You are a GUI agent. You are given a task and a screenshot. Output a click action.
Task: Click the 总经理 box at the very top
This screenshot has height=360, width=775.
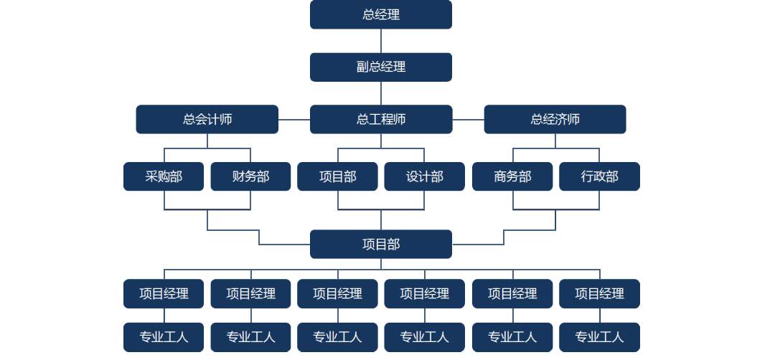tap(380, 14)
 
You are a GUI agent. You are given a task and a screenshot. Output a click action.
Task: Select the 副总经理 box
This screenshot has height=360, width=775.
tap(380, 67)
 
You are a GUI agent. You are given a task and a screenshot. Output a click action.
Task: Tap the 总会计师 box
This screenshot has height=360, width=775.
tap(207, 119)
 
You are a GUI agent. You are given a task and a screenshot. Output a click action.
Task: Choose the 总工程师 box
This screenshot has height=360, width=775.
tap(380, 119)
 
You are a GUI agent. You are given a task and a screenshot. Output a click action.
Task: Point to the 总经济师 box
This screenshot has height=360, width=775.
tap(555, 119)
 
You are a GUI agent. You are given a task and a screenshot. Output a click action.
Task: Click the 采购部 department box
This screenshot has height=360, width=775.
tap(164, 176)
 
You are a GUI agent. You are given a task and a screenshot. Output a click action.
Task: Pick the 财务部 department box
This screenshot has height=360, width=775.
tap(250, 176)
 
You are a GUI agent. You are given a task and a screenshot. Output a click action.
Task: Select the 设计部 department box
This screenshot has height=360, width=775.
tap(424, 176)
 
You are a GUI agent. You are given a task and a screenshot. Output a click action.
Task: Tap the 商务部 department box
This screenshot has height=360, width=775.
tap(512, 176)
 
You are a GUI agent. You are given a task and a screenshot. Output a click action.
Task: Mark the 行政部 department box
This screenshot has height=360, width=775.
tap(599, 176)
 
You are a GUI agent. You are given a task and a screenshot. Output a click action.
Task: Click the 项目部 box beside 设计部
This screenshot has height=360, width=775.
tap(337, 176)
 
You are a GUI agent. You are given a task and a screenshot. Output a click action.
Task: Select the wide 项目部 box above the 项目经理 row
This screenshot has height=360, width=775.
tap(380, 244)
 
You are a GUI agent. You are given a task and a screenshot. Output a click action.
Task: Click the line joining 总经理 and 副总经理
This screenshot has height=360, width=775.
tap(381, 41)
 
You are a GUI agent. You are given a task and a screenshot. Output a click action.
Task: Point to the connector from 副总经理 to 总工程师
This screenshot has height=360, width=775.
tap(381, 93)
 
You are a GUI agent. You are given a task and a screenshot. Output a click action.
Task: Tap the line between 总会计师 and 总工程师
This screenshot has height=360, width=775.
tap(294, 120)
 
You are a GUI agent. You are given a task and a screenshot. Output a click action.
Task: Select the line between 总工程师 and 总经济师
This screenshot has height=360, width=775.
tap(468, 120)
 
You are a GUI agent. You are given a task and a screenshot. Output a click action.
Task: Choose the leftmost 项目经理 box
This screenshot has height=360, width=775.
tap(164, 293)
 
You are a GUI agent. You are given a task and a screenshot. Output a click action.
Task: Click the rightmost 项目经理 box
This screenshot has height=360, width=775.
tap(599, 293)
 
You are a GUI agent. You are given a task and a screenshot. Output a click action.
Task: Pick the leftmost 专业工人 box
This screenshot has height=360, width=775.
tap(164, 337)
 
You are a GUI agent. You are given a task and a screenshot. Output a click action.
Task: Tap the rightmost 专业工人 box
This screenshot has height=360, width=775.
tap(599, 337)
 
